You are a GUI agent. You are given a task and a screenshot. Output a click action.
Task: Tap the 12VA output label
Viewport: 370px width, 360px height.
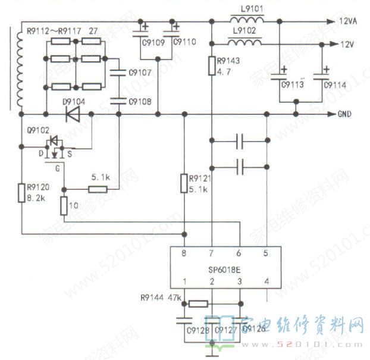tap(347, 21)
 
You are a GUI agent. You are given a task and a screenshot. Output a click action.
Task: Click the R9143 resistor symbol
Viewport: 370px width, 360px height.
tap(212, 65)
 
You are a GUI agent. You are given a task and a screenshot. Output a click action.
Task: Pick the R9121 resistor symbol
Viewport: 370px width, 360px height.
tap(184, 183)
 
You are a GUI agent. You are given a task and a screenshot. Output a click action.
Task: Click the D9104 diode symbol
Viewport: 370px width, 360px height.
tap(73, 114)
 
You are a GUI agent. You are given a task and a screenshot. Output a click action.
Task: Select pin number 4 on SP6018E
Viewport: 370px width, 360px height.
tap(266, 281)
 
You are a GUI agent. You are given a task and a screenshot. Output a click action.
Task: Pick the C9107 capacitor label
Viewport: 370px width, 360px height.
tap(140, 73)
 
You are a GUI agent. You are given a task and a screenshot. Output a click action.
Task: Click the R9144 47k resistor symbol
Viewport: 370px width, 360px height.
tap(199, 303)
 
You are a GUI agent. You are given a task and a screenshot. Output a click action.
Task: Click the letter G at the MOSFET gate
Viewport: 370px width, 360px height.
tap(57, 168)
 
